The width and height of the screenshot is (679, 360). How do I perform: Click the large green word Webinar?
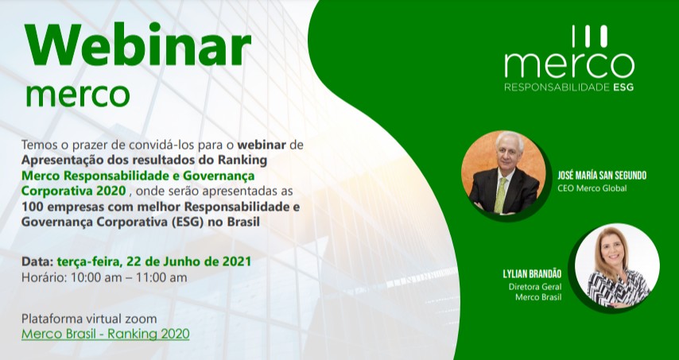(x=138, y=46)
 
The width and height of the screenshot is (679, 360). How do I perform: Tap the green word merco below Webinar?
(x=78, y=94)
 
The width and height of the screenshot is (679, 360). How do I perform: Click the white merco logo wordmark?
(x=569, y=65)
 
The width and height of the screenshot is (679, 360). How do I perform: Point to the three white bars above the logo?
(x=590, y=37)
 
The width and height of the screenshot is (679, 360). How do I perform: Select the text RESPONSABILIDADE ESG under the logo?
(x=569, y=87)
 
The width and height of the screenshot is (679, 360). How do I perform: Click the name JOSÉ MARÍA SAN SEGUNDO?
(x=602, y=176)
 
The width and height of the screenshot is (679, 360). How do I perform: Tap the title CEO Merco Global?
(x=592, y=188)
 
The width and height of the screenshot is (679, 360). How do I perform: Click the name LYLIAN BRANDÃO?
(x=532, y=273)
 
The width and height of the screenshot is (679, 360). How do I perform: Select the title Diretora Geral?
(x=535, y=286)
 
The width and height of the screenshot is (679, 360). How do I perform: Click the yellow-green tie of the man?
(x=501, y=195)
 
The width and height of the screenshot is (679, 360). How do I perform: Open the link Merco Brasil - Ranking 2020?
(x=106, y=334)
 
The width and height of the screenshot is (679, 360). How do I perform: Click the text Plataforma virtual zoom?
(x=89, y=319)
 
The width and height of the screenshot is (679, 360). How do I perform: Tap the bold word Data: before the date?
(x=37, y=261)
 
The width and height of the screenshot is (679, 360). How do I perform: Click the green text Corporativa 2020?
(x=74, y=191)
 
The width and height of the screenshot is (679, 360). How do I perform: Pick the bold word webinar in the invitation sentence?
(x=262, y=145)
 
